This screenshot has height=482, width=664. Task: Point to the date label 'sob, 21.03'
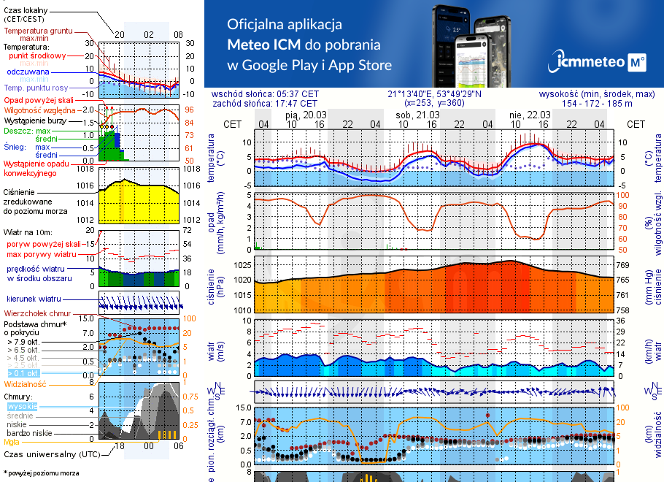[x=413, y=115]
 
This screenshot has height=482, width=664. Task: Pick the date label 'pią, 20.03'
[x=306, y=115]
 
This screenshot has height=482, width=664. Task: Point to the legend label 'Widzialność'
[x=26, y=383]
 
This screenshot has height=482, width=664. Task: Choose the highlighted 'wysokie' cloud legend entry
[x=21, y=406]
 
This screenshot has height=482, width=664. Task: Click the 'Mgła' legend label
[x=12, y=442]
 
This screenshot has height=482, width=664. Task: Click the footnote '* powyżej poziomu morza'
[x=42, y=473]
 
